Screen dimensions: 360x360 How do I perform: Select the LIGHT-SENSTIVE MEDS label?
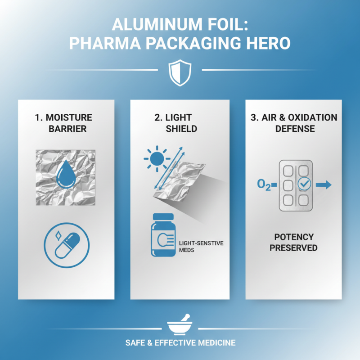[x=201, y=246]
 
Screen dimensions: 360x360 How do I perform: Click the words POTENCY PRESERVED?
[x=294, y=242]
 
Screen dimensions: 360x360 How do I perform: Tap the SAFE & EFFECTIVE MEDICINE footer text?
[x=180, y=343]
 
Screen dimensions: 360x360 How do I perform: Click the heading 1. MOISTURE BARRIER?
[x=63, y=123]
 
